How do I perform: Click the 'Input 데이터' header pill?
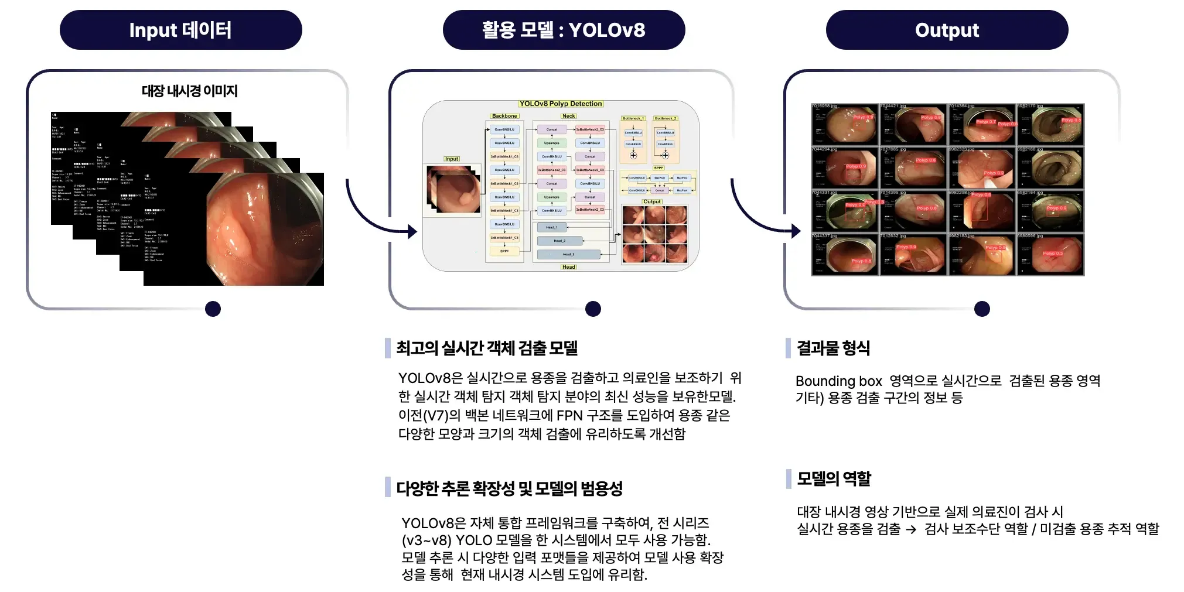180,30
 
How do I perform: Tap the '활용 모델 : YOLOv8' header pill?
564,30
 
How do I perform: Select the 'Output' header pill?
947,30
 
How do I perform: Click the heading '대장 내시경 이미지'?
189,91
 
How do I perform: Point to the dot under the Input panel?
213,309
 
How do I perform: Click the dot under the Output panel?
982,309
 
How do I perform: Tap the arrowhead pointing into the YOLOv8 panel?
412,232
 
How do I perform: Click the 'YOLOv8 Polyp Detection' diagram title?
561,104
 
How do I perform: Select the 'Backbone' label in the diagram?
504,116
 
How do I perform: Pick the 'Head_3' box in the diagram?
568,254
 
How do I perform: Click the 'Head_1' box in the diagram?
552,227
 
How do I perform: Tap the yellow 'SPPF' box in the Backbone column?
504,251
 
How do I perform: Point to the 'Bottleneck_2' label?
666,118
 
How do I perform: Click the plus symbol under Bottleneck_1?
633,155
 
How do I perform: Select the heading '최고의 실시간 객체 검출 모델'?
487,348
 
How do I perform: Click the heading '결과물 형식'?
833,348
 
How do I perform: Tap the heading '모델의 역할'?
834,478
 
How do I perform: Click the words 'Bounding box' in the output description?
838,381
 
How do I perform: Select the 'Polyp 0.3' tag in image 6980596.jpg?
1052,254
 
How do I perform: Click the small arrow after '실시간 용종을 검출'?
911,529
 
